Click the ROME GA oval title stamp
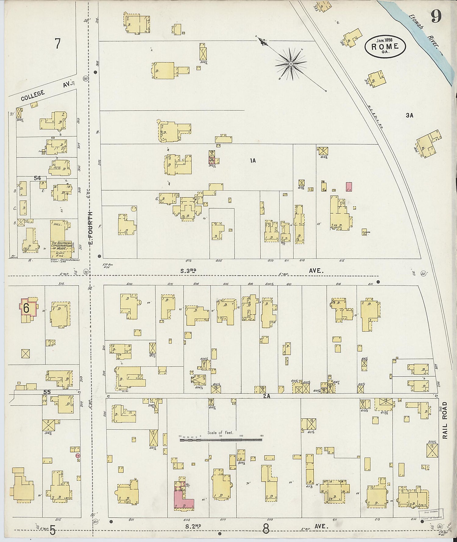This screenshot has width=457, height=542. pos(385,46)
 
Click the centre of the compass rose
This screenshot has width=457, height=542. pos(291,64)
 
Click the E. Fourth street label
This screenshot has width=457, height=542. pos(90,228)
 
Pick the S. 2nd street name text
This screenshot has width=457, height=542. pos(193,526)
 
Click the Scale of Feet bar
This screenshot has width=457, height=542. pos(221,439)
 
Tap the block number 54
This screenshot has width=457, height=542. pos(37,178)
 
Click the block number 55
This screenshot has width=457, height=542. pos(47,392)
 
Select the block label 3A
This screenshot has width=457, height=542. pos(409,115)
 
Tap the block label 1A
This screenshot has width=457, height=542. pos(253,161)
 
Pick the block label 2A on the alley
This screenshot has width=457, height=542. pos(267,397)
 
